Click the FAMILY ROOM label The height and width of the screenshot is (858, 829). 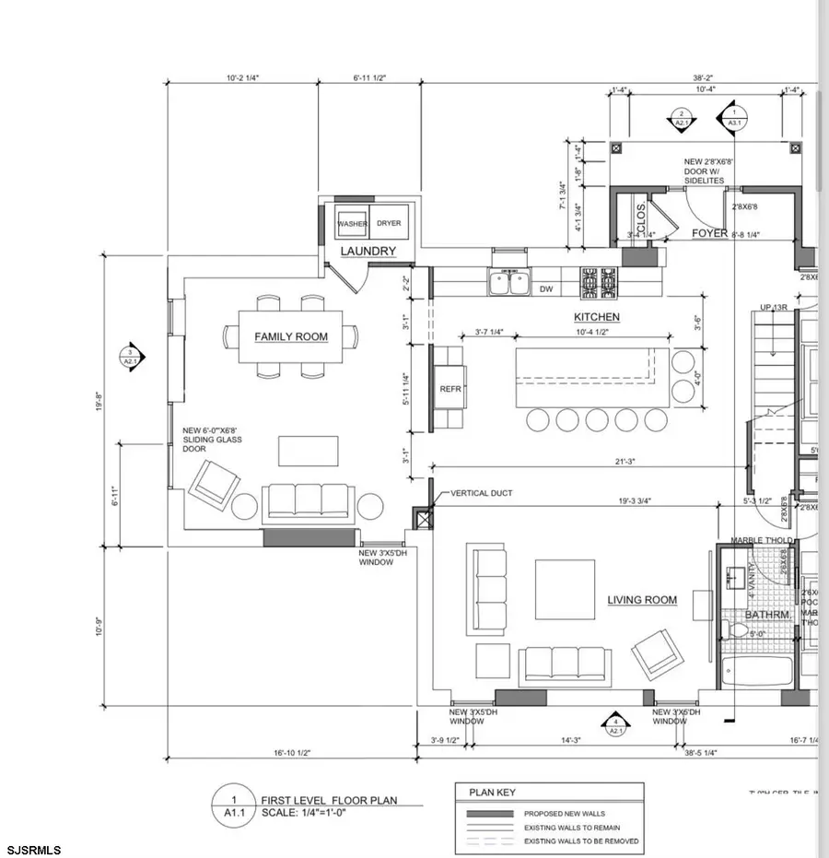pos(291,337)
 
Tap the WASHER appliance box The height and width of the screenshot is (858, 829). pos(352,224)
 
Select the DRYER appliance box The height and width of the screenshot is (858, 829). pos(389,224)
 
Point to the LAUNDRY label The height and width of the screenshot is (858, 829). pos(368,252)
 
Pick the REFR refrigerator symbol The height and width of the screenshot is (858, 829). pos(450,389)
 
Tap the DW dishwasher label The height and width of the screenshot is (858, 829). pos(546,289)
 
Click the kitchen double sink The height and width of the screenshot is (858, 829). pos(508,282)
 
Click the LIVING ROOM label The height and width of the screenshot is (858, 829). pos(642,600)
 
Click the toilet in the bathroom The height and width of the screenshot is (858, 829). pos(739,631)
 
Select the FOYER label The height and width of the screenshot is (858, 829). pos(710,234)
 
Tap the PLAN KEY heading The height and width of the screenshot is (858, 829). pos(494,793)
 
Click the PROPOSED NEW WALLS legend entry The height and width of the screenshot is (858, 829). pos(563,814)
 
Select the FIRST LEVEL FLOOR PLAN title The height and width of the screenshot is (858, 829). pos(329,800)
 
